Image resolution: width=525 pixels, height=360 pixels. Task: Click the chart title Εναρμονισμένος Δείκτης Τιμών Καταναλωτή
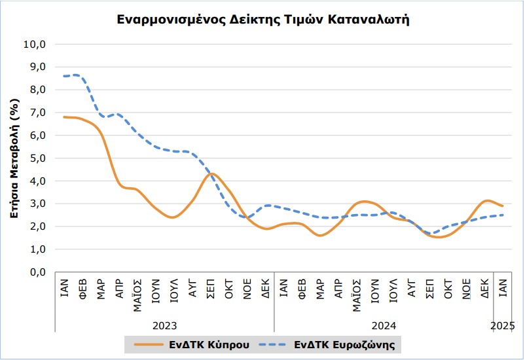click(x=263, y=20)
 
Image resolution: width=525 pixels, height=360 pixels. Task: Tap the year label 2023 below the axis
click(x=164, y=325)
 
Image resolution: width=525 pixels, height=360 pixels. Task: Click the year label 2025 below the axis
click(x=502, y=325)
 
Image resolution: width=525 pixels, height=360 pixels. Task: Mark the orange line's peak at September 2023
click(x=211, y=173)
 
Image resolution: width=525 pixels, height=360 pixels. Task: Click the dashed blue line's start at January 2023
click(x=63, y=77)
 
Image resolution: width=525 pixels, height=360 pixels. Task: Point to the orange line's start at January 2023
click(x=63, y=117)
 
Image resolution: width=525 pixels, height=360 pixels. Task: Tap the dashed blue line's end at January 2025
click(x=502, y=215)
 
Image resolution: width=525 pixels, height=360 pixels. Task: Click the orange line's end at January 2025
click(x=502, y=206)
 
